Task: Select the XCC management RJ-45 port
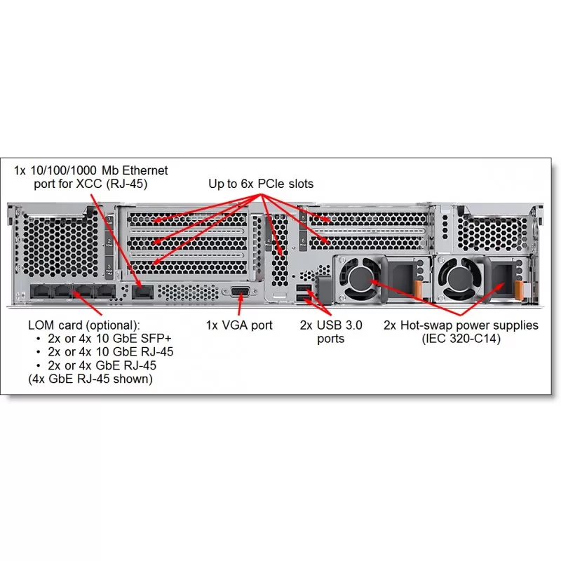click(x=143, y=292)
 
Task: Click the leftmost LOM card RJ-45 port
click(x=41, y=291)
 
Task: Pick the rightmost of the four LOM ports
click(x=104, y=291)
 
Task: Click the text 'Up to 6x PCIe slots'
click(x=261, y=184)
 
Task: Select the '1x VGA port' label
click(x=239, y=325)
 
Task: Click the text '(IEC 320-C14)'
click(x=461, y=339)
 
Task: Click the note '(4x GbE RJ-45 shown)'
click(x=90, y=379)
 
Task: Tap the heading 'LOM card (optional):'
click(x=84, y=325)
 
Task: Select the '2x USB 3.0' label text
click(x=331, y=325)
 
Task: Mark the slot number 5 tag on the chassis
click(x=303, y=219)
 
